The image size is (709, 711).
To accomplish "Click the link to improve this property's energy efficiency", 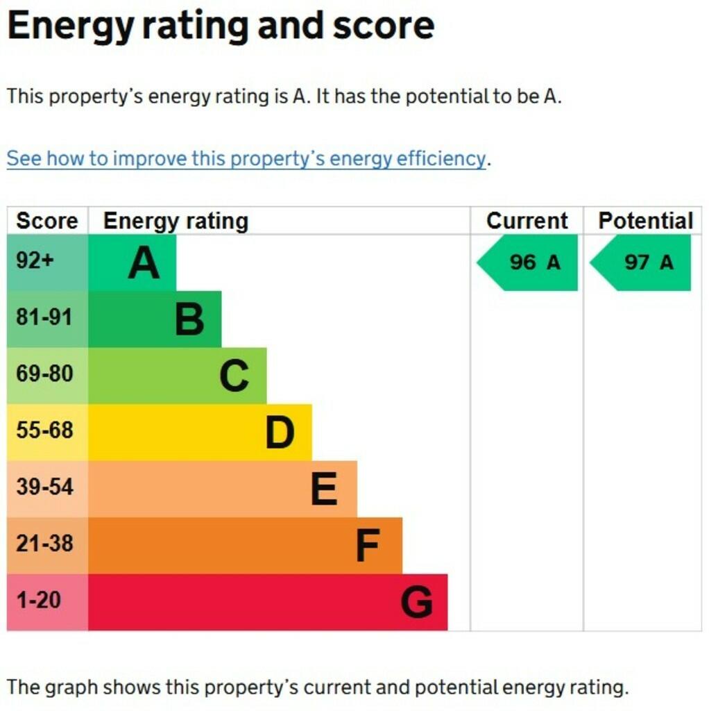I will [x=246, y=158].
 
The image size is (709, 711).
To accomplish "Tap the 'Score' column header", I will [x=47, y=221].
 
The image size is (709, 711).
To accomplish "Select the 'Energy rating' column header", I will [x=176, y=221].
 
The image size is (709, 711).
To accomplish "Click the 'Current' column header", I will [x=527, y=221].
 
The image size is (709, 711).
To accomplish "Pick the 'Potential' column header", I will [x=645, y=221].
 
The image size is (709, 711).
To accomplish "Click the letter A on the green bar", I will [x=144, y=263].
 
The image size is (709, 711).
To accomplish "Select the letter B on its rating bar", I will [x=189, y=319].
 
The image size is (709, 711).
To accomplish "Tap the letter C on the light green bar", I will [x=234, y=376].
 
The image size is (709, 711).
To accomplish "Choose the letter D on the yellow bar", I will [x=280, y=433].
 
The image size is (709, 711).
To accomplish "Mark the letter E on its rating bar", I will [x=324, y=490].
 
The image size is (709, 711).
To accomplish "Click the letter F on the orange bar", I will [x=368, y=546].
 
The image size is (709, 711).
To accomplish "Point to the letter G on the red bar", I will [x=416, y=603].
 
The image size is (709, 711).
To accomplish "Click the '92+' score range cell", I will [x=35, y=261].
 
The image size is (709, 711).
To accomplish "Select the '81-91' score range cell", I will [x=44, y=317].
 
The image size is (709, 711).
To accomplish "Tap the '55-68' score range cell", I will [x=44, y=430].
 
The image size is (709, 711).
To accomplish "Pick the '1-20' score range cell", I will [x=39, y=600].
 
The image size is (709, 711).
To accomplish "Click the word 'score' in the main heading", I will [x=383, y=26].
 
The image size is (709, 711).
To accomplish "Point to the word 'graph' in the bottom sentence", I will [x=75, y=687].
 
